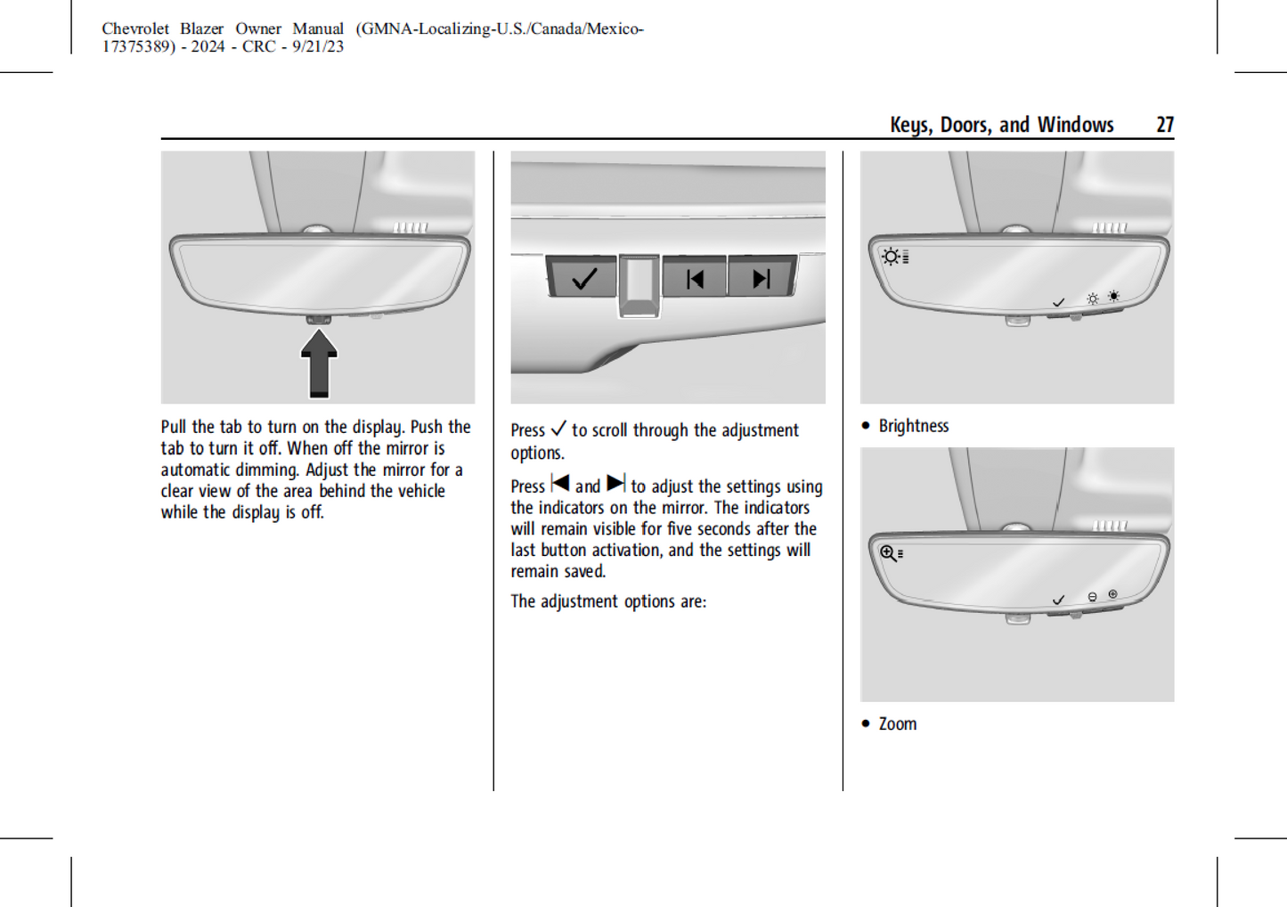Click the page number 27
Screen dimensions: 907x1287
click(x=1164, y=125)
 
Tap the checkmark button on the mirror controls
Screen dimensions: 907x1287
click(x=583, y=279)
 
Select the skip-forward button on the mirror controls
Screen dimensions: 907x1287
click(x=762, y=279)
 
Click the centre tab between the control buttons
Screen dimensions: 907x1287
click(x=639, y=284)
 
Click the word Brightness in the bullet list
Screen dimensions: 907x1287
click(x=914, y=426)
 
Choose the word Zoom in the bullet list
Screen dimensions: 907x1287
click(x=898, y=723)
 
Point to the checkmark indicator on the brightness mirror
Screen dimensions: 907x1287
click(x=1058, y=303)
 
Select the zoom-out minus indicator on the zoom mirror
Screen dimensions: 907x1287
click(x=1093, y=597)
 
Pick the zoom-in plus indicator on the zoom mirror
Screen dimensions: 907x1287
click(x=1113, y=593)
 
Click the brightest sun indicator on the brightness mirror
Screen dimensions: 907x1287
click(x=1113, y=297)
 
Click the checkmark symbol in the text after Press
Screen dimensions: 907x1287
click(x=558, y=429)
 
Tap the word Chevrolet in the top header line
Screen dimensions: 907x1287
click(x=134, y=29)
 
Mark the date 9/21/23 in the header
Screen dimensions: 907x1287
click(x=318, y=46)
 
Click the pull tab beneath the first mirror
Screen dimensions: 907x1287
click(x=318, y=319)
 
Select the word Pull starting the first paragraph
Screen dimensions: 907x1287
click(x=175, y=427)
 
